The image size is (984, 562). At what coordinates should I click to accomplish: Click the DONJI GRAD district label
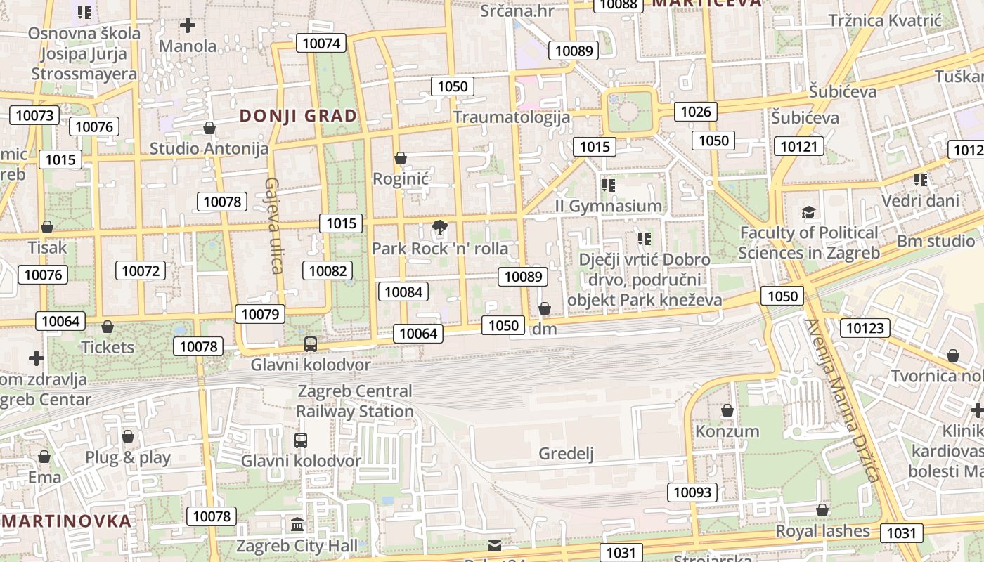tap(299, 116)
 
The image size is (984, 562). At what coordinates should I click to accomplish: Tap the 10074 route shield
tap(321, 43)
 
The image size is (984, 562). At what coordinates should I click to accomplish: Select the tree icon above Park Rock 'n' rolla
tap(440, 228)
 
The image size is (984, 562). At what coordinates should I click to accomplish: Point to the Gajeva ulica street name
tap(273, 225)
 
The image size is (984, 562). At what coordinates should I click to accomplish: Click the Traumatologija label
tap(511, 117)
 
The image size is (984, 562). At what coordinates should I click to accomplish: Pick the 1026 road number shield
tap(696, 111)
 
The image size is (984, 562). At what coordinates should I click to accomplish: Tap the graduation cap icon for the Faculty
tap(809, 212)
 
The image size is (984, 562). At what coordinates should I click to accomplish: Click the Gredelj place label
tap(566, 454)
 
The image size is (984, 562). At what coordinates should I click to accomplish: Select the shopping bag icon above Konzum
tap(727, 410)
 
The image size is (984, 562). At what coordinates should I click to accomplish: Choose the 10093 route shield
tap(692, 492)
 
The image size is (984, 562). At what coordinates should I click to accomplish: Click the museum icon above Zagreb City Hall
tap(297, 525)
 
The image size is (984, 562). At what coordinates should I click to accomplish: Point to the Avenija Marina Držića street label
tap(841, 400)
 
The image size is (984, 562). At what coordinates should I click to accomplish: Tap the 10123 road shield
tap(867, 327)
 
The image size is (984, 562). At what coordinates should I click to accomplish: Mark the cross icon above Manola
tap(188, 26)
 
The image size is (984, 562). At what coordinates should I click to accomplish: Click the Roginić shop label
tap(401, 178)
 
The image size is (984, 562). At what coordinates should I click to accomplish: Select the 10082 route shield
tap(328, 270)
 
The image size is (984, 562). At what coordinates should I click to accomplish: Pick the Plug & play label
tap(128, 457)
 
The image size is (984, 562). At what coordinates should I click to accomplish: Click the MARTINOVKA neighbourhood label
tap(67, 521)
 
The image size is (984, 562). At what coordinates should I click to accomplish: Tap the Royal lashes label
tap(822, 531)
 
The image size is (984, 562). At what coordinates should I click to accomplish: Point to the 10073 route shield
tap(34, 115)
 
